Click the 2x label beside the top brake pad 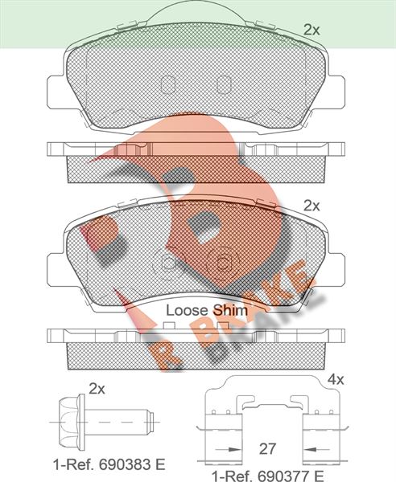click(311, 31)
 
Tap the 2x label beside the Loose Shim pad click(311, 206)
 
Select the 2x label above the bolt click(97, 389)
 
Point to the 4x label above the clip click(336, 380)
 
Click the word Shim click(230, 310)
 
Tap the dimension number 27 click(267, 449)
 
